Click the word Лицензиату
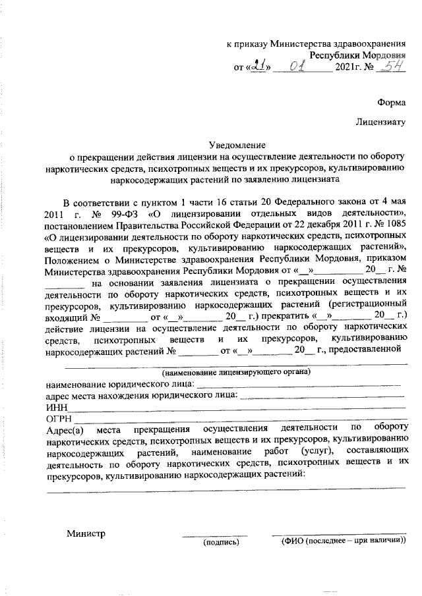tap(380, 122)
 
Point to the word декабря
tap(310, 225)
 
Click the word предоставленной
tap(370, 350)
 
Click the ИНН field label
tap(55, 408)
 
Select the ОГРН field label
tap(58, 419)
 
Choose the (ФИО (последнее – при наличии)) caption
tap(343, 541)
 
